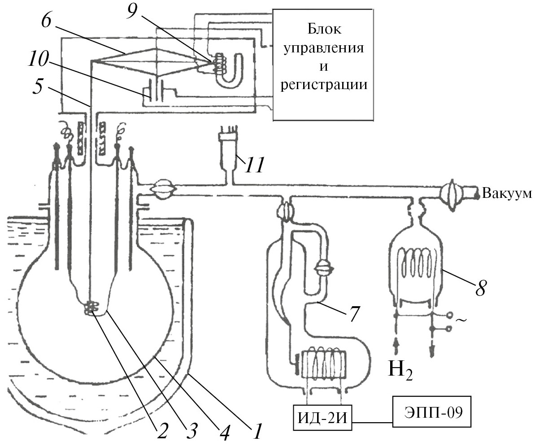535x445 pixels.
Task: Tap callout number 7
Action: [x=354, y=313]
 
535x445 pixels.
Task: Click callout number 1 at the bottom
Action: [x=257, y=432]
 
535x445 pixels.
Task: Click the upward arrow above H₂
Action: [x=396, y=347]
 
